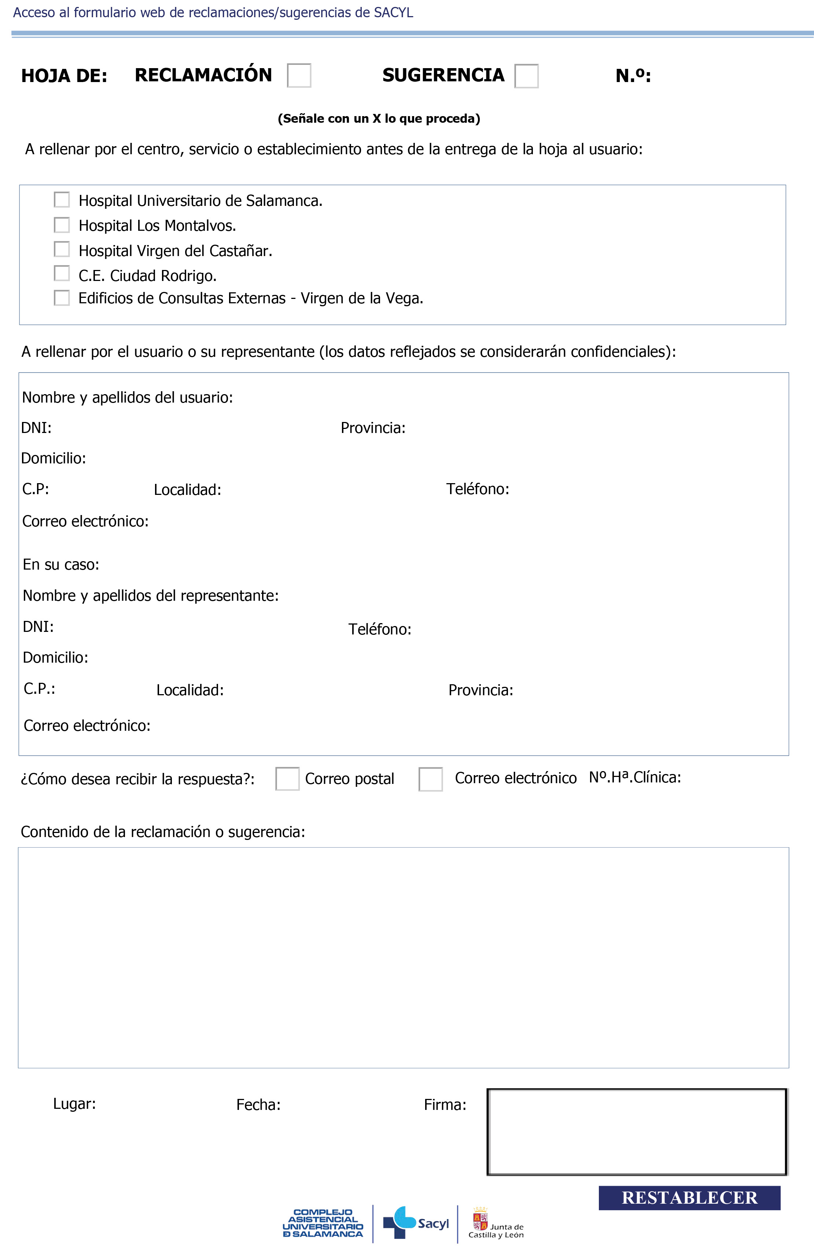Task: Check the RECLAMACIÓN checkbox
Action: coord(299,75)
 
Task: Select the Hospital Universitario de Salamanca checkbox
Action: coord(62,200)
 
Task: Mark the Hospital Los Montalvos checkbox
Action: coord(62,225)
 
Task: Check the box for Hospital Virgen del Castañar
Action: coord(62,249)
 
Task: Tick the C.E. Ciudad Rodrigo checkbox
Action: coord(62,273)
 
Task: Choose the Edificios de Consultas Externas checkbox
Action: coord(62,298)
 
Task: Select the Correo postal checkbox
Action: coord(287,779)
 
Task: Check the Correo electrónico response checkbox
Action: coord(431,779)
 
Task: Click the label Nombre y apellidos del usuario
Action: coord(128,397)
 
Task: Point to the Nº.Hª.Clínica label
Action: coord(635,777)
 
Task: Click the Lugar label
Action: coord(74,1104)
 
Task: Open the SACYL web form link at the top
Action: coord(213,12)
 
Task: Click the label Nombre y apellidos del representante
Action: coord(151,596)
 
